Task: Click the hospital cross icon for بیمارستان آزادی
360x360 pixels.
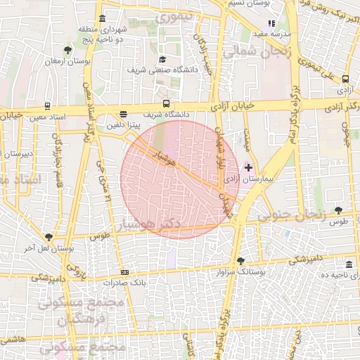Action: [x=247, y=167]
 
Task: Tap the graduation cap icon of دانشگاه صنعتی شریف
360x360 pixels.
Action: [x=163, y=60]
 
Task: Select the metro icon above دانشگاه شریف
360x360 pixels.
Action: [x=166, y=103]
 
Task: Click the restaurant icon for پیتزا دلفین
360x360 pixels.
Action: [x=124, y=114]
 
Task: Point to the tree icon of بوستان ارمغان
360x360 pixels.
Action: [x=67, y=50]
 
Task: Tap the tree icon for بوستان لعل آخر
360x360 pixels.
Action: [x=48, y=237]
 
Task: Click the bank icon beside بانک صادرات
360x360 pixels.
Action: [x=124, y=272]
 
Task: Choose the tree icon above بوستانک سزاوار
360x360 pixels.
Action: [x=241, y=259]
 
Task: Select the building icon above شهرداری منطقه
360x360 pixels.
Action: [x=103, y=18]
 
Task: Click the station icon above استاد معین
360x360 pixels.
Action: [x=46, y=106]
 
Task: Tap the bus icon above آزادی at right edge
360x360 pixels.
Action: [x=345, y=79]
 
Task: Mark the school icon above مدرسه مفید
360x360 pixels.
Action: [x=271, y=23]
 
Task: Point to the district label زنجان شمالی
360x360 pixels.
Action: [x=252, y=53]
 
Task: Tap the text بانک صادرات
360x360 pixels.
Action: [x=124, y=283]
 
